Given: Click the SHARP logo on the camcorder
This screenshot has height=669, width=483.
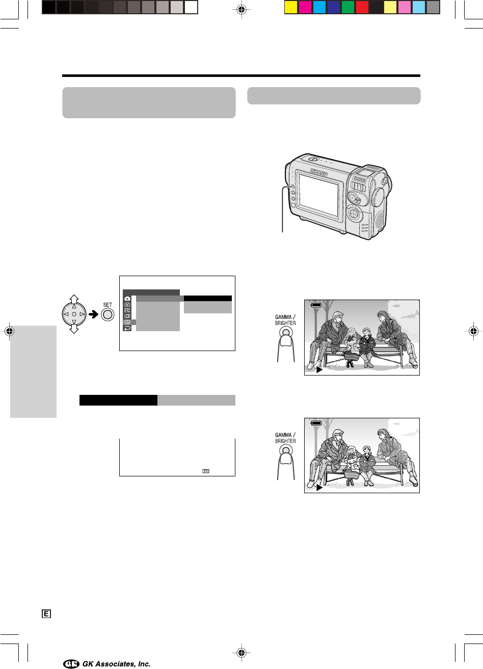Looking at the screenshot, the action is (319, 172).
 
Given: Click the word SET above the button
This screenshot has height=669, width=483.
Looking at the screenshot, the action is (108, 305).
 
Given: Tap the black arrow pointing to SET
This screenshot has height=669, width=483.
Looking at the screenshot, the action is (94, 314).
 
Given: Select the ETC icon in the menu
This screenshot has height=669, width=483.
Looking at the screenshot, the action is (127, 310).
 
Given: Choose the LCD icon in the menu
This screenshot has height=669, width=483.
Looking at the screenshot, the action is (127, 316).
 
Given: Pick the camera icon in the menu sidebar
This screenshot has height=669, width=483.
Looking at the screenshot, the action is (127, 299).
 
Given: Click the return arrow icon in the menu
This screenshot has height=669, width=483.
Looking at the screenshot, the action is (127, 328).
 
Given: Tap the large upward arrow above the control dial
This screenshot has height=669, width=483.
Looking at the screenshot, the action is (74, 299).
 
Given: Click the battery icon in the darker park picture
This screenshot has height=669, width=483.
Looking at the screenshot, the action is (316, 305).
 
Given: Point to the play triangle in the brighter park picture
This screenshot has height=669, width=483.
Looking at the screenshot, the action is (319, 488).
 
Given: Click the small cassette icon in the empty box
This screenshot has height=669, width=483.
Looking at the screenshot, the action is (206, 471).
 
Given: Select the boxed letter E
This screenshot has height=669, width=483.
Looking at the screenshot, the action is (46, 614).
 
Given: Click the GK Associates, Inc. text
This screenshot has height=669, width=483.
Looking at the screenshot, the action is (117, 663).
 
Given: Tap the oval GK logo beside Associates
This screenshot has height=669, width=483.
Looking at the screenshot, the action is (71, 663).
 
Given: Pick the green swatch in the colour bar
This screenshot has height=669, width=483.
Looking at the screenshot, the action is (347, 8).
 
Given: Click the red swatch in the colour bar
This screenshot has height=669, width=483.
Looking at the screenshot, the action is (362, 8).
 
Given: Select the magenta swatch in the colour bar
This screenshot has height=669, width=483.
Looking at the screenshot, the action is (305, 8).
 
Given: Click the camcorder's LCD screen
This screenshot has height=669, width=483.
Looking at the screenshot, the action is (319, 195).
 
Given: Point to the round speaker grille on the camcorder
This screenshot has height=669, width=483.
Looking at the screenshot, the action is (380, 219).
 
